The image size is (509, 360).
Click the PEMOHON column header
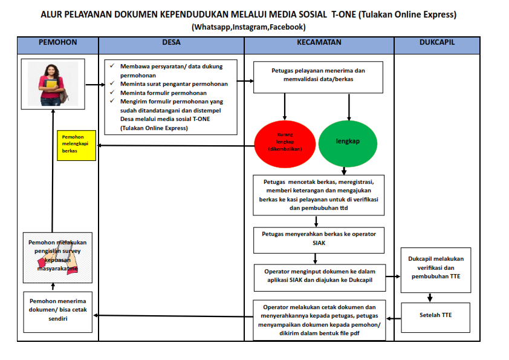click(x=57, y=43)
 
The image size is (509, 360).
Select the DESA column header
click(x=171, y=43)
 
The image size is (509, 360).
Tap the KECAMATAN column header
click(x=319, y=43)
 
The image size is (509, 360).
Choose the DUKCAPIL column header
click(x=436, y=43)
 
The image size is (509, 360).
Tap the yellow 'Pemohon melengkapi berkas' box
click(x=76, y=145)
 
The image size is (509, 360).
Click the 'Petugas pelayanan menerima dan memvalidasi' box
click(x=319, y=75)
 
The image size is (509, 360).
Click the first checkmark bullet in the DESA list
click(x=113, y=65)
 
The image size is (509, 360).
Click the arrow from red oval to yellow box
click(x=175, y=146)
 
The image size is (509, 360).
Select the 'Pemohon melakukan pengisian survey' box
click(x=58, y=257)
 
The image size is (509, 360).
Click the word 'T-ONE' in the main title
click(x=343, y=14)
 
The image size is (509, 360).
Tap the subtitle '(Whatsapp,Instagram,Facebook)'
click(x=248, y=27)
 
